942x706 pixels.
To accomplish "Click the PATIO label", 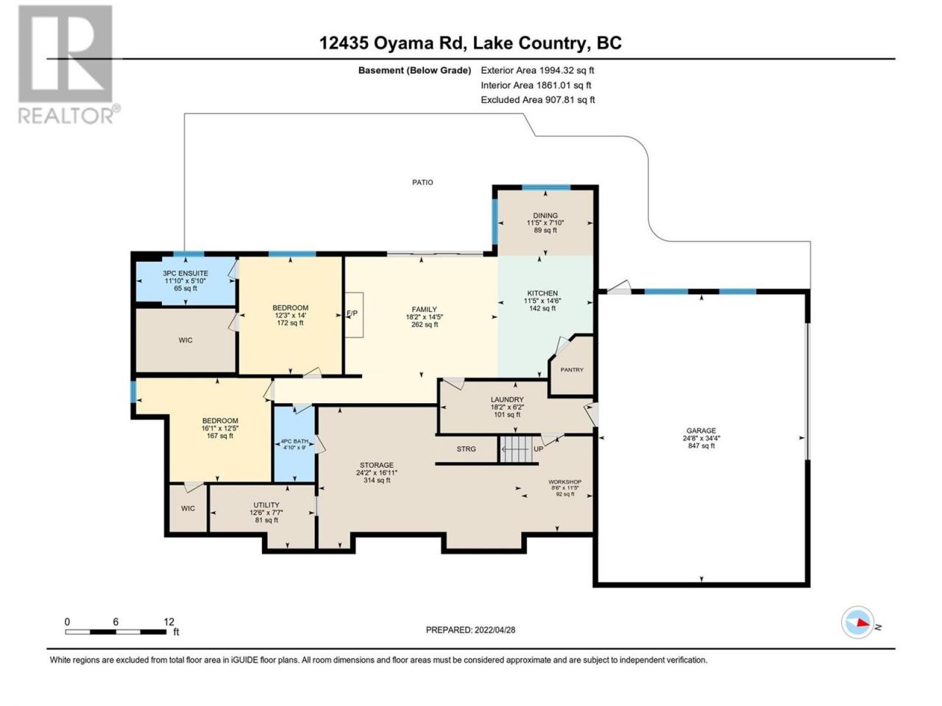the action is tap(422, 182).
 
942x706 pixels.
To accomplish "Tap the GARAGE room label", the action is tap(701, 430).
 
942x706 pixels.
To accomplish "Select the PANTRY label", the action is tap(572, 369).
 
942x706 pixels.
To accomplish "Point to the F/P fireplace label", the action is tap(352, 313).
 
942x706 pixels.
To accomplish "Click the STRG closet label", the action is tap(466, 449).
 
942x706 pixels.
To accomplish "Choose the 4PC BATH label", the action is tap(294, 441).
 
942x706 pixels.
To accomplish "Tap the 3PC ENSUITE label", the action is tap(185, 273).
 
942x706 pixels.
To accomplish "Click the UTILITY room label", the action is tap(266, 505).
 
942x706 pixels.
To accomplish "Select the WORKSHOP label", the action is tap(564, 482).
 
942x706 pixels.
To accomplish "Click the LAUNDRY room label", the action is tap(507, 399).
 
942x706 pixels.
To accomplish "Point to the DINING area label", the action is tap(545, 215).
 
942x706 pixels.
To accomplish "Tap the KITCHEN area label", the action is tap(542, 293).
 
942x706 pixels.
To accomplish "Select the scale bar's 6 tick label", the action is tap(116, 621).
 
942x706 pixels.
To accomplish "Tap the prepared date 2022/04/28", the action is tap(495, 630).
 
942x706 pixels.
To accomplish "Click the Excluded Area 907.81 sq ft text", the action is tap(538, 100).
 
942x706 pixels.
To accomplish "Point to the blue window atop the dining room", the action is tap(546, 188).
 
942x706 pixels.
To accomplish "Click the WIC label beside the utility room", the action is tap(188, 508).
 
